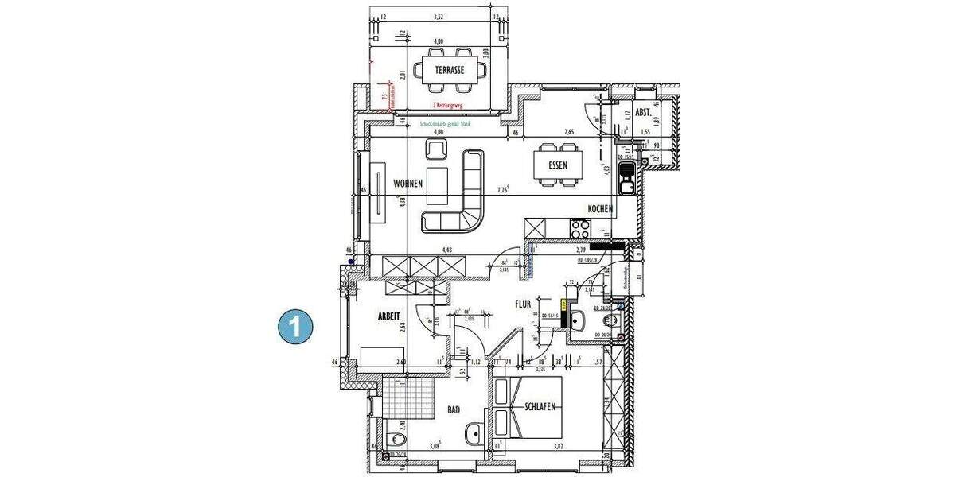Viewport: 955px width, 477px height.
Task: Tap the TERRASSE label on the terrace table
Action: click(x=450, y=71)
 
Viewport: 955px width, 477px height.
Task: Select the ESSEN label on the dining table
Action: click(x=558, y=166)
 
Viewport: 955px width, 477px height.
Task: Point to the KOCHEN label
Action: click(x=599, y=209)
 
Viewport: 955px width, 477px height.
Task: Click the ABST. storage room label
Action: click(x=643, y=113)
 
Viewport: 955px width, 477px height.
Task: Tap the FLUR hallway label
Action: click(x=522, y=304)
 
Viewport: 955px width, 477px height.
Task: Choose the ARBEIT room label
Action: click(x=389, y=316)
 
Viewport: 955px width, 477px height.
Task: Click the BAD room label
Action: click(x=454, y=410)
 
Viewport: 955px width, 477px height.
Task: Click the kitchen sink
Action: click(x=626, y=178)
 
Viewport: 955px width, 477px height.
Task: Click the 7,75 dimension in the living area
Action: click(x=502, y=189)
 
